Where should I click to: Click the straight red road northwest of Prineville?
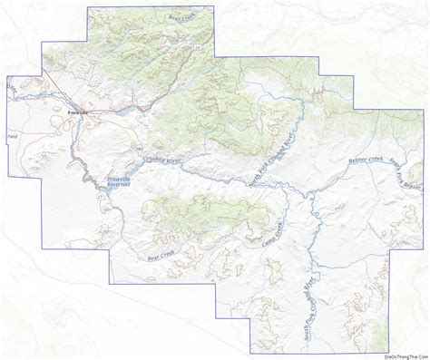coord(45,94)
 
